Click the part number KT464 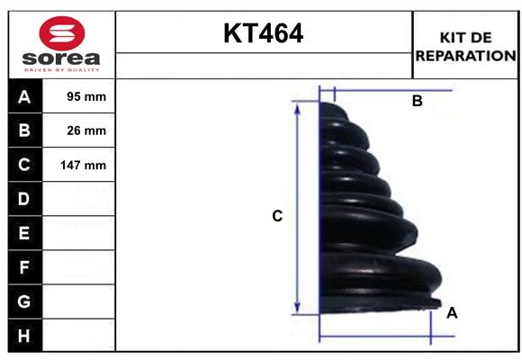[x=263, y=33]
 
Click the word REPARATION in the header [x=465, y=55]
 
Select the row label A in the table [x=23, y=96]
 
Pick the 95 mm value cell [x=86, y=96]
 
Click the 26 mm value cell [x=86, y=130]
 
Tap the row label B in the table [x=23, y=130]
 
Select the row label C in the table [x=23, y=165]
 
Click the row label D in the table [x=23, y=199]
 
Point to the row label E [x=23, y=233]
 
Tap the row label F [x=23, y=267]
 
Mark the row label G [x=23, y=301]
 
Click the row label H [x=23, y=335]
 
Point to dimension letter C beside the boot [x=278, y=216]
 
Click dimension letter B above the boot [x=417, y=102]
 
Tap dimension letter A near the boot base [x=452, y=312]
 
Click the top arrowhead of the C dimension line [x=298, y=106]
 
